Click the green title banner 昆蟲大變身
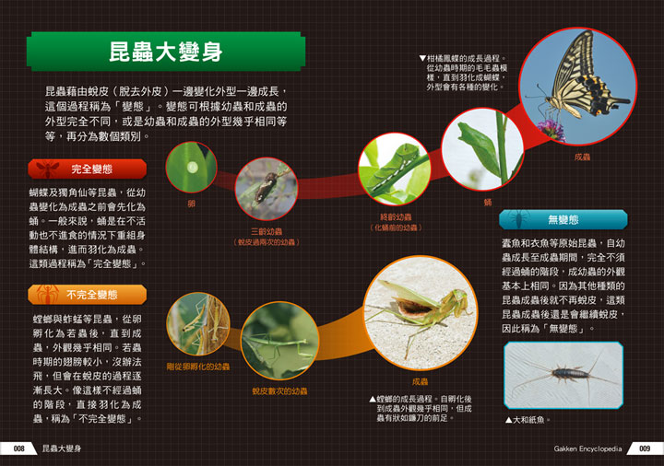pyautogui.click(x=166, y=52)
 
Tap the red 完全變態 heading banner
pyautogui.click(x=88, y=169)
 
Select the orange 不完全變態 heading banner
pyautogui.click(x=88, y=295)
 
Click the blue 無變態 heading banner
pyautogui.click(x=563, y=219)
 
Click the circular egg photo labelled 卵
pyautogui.click(x=191, y=167)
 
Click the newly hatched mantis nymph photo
pyautogui.click(x=198, y=323)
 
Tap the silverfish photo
pyautogui.click(x=563, y=375)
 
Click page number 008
pyautogui.click(x=18, y=449)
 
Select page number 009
pyautogui.click(x=646, y=449)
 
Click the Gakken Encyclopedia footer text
pyautogui.click(x=587, y=449)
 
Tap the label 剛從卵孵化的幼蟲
pyautogui.click(x=198, y=367)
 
